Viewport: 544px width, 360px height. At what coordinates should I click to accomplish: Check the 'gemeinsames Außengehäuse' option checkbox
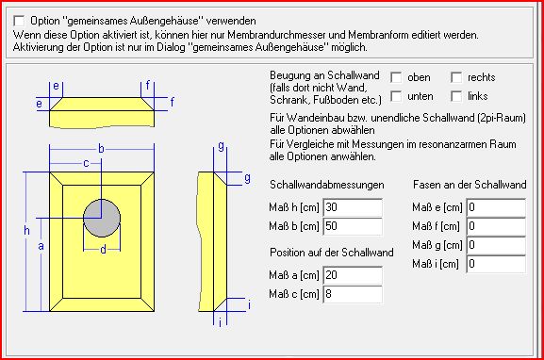[x=19, y=21]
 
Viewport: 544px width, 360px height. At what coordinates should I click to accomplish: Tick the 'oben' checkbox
[x=396, y=77]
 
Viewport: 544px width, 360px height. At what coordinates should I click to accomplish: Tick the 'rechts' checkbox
[x=456, y=77]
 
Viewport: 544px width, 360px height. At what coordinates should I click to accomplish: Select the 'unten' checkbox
[x=396, y=96]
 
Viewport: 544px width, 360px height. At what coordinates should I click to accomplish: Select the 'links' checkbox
[x=456, y=96]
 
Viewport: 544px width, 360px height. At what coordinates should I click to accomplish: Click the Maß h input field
[x=353, y=207]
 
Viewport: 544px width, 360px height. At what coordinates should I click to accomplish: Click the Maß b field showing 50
[x=353, y=226]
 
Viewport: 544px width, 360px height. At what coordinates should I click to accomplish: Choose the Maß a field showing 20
[x=353, y=275]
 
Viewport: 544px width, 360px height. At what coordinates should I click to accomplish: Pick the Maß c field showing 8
[x=353, y=294]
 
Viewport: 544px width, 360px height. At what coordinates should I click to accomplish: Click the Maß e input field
[x=496, y=207]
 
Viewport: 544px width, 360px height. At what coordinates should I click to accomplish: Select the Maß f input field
[x=496, y=226]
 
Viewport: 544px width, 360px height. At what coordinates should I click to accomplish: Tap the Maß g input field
[x=496, y=245]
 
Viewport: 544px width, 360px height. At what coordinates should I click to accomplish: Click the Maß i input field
[x=496, y=264]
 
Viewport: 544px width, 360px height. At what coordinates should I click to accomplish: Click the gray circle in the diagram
[x=102, y=218]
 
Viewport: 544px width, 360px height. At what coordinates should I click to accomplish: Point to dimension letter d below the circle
[x=103, y=250]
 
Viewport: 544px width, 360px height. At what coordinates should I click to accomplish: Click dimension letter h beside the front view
[x=26, y=230]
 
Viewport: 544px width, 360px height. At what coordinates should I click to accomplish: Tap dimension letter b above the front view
[x=101, y=149]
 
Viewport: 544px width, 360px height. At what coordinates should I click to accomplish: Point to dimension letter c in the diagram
[x=86, y=163]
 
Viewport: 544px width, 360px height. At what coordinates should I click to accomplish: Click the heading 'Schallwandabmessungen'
[x=327, y=185]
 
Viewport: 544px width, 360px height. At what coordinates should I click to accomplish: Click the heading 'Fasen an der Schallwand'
[x=470, y=185]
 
